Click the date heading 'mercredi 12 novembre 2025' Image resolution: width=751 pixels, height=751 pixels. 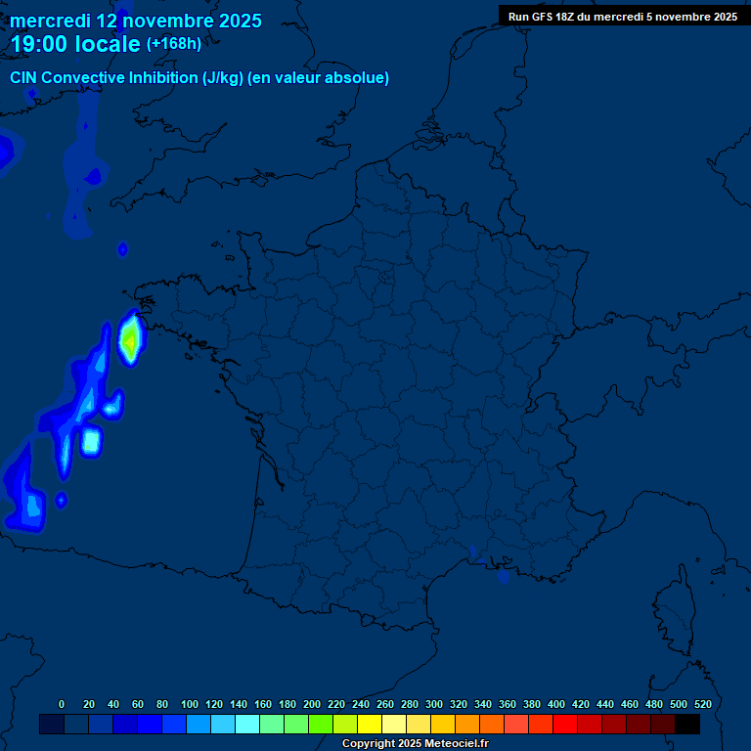[x=136, y=21]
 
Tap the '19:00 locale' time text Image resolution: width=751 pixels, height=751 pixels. [x=75, y=44]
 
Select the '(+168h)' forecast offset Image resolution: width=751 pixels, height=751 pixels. [x=174, y=44]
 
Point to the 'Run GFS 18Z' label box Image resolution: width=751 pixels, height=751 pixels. [x=622, y=16]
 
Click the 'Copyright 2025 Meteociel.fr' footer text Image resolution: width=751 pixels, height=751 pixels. [x=415, y=743]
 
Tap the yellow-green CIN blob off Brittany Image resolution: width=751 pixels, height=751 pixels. [x=129, y=337]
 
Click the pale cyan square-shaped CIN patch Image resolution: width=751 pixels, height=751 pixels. [x=91, y=441]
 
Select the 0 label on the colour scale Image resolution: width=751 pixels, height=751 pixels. [x=62, y=704]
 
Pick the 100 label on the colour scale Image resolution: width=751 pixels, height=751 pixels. [x=190, y=704]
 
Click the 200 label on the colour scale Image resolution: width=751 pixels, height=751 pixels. [x=312, y=704]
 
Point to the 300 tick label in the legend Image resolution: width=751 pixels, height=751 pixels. [x=434, y=704]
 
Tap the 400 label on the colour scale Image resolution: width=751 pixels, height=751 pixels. [x=556, y=704]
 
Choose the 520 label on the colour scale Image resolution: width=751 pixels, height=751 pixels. [x=702, y=704]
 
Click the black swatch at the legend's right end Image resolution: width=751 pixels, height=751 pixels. [x=687, y=724]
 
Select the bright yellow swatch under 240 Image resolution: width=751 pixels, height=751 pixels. [x=370, y=724]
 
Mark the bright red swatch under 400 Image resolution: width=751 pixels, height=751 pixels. [x=565, y=724]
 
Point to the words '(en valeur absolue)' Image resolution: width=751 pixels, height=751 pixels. [x=319, y=78]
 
